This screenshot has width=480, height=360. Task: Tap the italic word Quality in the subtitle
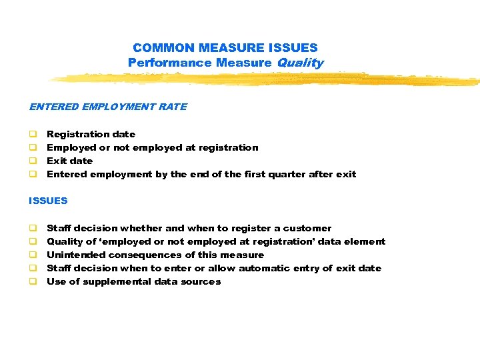pyautogui.click(x=299, y=63)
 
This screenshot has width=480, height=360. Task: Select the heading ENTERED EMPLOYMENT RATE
pyautogui.click(x=108, y=107)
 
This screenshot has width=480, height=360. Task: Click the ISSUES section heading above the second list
pyautogui.click(x=48, y=200)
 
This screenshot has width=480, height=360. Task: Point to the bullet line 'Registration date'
pyautogui.click(x=91, y=134)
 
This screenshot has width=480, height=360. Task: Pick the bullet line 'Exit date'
pyautogui.click(x=69, y=161)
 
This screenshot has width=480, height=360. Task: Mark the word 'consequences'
pyautogui.click(x=139, y=255)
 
